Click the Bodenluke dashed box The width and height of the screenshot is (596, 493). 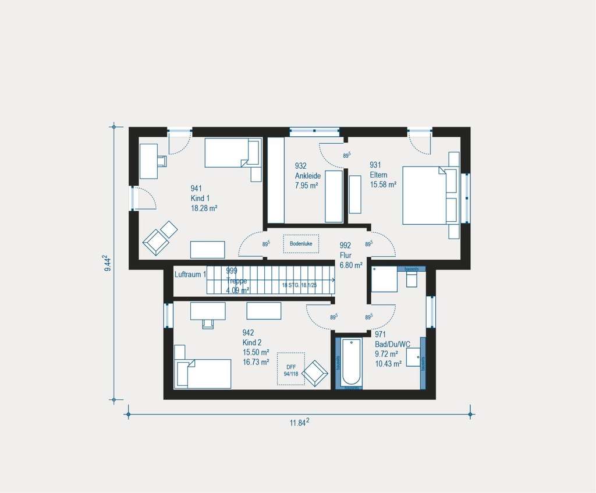[x=301, y=243]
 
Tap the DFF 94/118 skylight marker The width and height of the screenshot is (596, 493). [x=292, y=369]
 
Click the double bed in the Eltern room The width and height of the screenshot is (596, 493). [x=425, y=196]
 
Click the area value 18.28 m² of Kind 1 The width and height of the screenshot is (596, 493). [x=204, y=208]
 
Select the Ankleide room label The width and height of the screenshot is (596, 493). [x=308, y=175]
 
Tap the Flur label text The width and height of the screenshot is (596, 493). [x=346, y=255]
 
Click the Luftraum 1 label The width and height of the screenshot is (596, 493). [x=190, y=274]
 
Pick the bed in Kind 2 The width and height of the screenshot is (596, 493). [x=204, y=373]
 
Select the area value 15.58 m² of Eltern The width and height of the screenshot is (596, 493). [x=383, y=185]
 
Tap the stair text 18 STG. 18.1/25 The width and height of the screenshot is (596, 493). [x=299, y=285]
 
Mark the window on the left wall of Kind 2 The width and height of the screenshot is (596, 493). [x=168, y=315]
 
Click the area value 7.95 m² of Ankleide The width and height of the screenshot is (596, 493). [x=307, y=186]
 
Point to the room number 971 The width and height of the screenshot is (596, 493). [x=380, y=335]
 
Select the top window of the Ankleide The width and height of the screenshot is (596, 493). [x=314, y=132]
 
